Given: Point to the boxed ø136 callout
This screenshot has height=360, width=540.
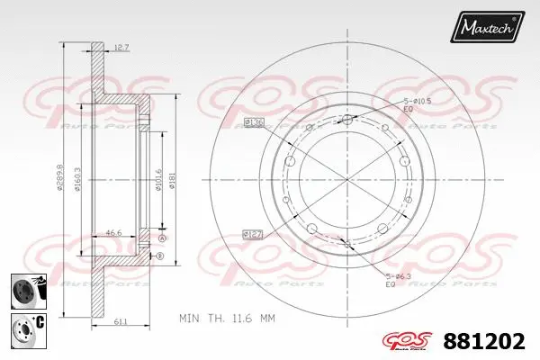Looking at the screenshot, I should [x=253, y=121].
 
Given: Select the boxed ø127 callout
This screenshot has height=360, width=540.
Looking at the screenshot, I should [x=252, y=235].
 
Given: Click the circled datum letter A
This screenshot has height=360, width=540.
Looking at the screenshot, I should [x=162, y=238].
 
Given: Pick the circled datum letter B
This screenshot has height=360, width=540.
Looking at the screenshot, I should [x=160, y=256].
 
